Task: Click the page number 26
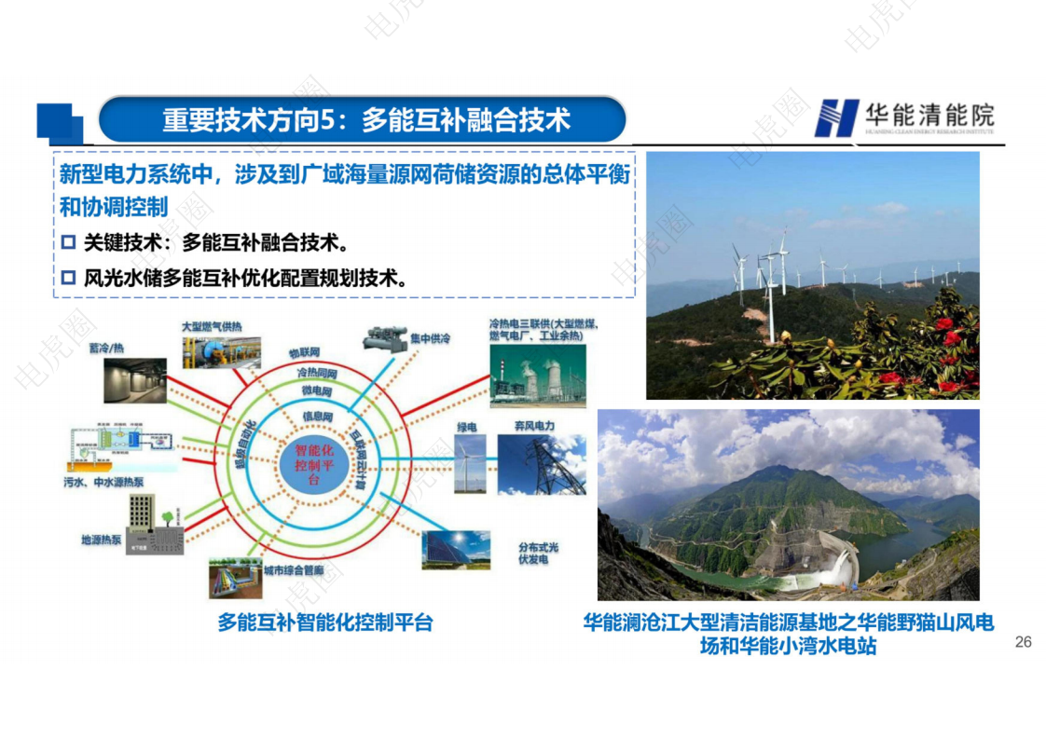1023,642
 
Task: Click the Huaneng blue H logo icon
836,118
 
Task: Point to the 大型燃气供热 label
211,327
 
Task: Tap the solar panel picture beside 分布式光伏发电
456,549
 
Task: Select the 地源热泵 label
102,540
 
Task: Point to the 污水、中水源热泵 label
103,483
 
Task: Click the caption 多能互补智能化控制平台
325,623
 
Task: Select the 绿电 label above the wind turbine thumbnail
467,427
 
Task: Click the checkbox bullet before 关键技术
67,243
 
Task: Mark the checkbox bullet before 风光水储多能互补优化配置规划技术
67,277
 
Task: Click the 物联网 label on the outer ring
304,353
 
